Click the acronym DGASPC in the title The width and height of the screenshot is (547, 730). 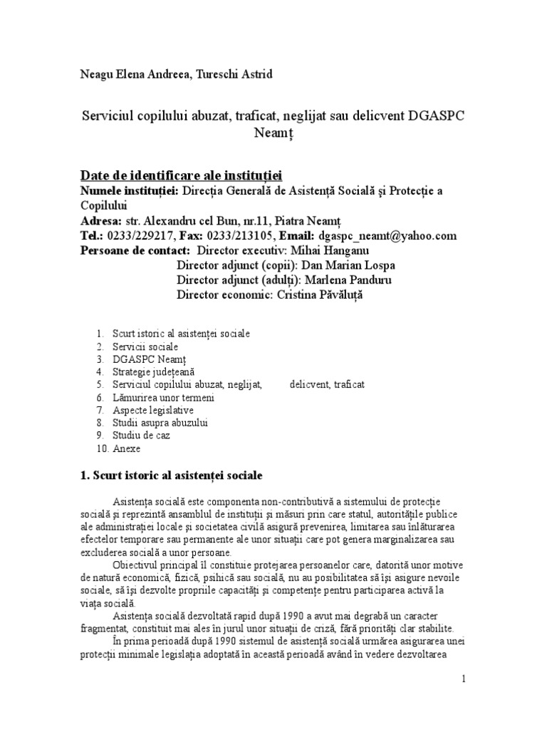pyautogui.click(x=427, y=116)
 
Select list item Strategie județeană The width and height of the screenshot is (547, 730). pyautogui.click(x=153, y=371)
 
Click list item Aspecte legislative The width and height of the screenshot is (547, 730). pyautogui.click(x=152, y=411)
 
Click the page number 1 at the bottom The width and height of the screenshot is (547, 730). pyautogui.click(x=464, y=679)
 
